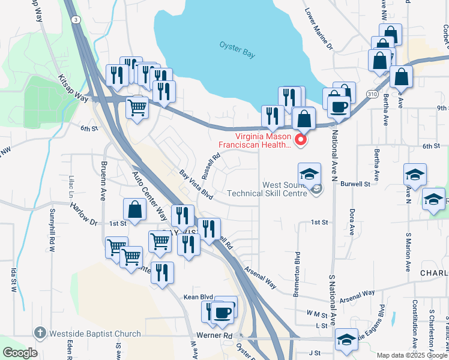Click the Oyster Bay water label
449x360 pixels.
[x=237, y=49]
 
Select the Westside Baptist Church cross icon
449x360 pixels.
[x=40, y=333]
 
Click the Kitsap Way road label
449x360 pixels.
[x=73, y=88]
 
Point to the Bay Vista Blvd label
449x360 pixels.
[x=196, y=185]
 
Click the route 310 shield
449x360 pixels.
[x=372, y=95]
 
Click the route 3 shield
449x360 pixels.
[x=76, y=20]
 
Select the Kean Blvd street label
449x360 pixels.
[x=198, y=296]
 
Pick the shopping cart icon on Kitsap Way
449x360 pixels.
[x=137, y=108]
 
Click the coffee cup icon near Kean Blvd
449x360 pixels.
[x=223, y=313]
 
